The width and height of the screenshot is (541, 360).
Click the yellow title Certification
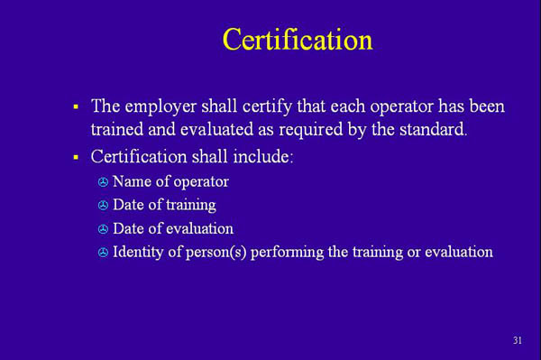click(297, 40)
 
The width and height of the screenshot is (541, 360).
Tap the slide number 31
click(518, 340)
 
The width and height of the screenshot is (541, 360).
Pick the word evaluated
click(214, 129)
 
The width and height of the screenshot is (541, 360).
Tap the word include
click(261, 157)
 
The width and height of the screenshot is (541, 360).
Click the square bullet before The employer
click(77, 107)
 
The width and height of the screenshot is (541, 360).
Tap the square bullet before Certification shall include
click(77, 158)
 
